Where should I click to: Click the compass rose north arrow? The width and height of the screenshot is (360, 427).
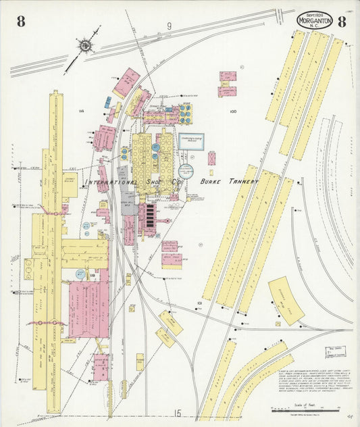[x=86, y=45]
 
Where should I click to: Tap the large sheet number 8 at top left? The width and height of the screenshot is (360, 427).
[x=21, y=22]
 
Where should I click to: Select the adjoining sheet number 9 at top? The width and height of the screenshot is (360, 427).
[x=170, y=26]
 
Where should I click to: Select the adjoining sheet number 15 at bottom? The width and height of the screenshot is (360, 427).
[x=178, y=412]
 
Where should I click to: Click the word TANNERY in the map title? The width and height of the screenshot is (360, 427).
[x=242, y=182]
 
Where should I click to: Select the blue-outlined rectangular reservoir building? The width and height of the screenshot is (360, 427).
[x=191, y=141]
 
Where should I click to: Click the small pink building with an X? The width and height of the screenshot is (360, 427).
[x=211, y=158]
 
